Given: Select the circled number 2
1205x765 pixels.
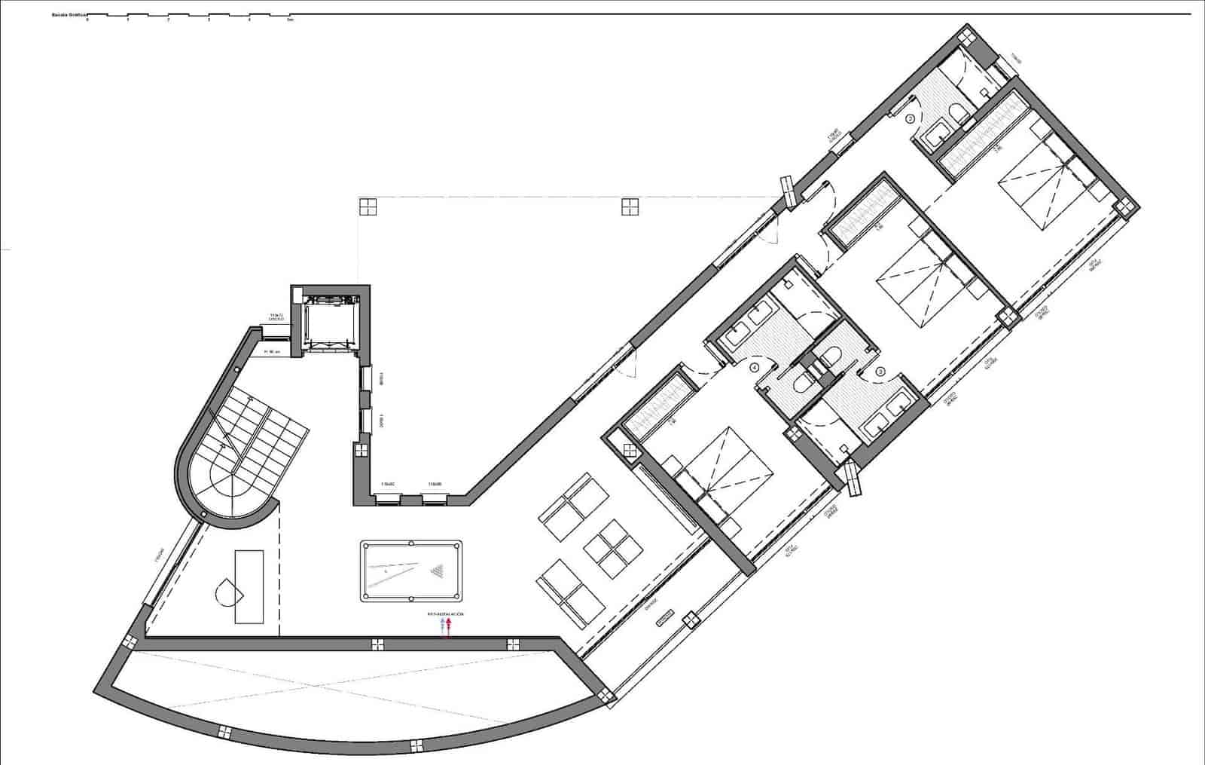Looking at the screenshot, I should coord(910,118).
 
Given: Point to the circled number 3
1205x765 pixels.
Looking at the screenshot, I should coord(880,371).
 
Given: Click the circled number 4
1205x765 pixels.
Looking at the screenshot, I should coord(755,368).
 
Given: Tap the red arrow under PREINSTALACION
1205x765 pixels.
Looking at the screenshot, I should coord(449,626).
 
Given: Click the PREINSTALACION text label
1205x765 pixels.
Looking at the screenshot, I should coord(446,615).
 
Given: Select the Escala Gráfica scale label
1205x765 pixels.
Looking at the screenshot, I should coord(67,14).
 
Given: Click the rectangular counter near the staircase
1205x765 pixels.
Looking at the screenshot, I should coord(249,586).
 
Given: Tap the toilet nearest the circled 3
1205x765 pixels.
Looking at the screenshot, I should coord(832,356).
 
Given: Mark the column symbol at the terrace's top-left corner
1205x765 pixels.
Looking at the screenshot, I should coord(367,207).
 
